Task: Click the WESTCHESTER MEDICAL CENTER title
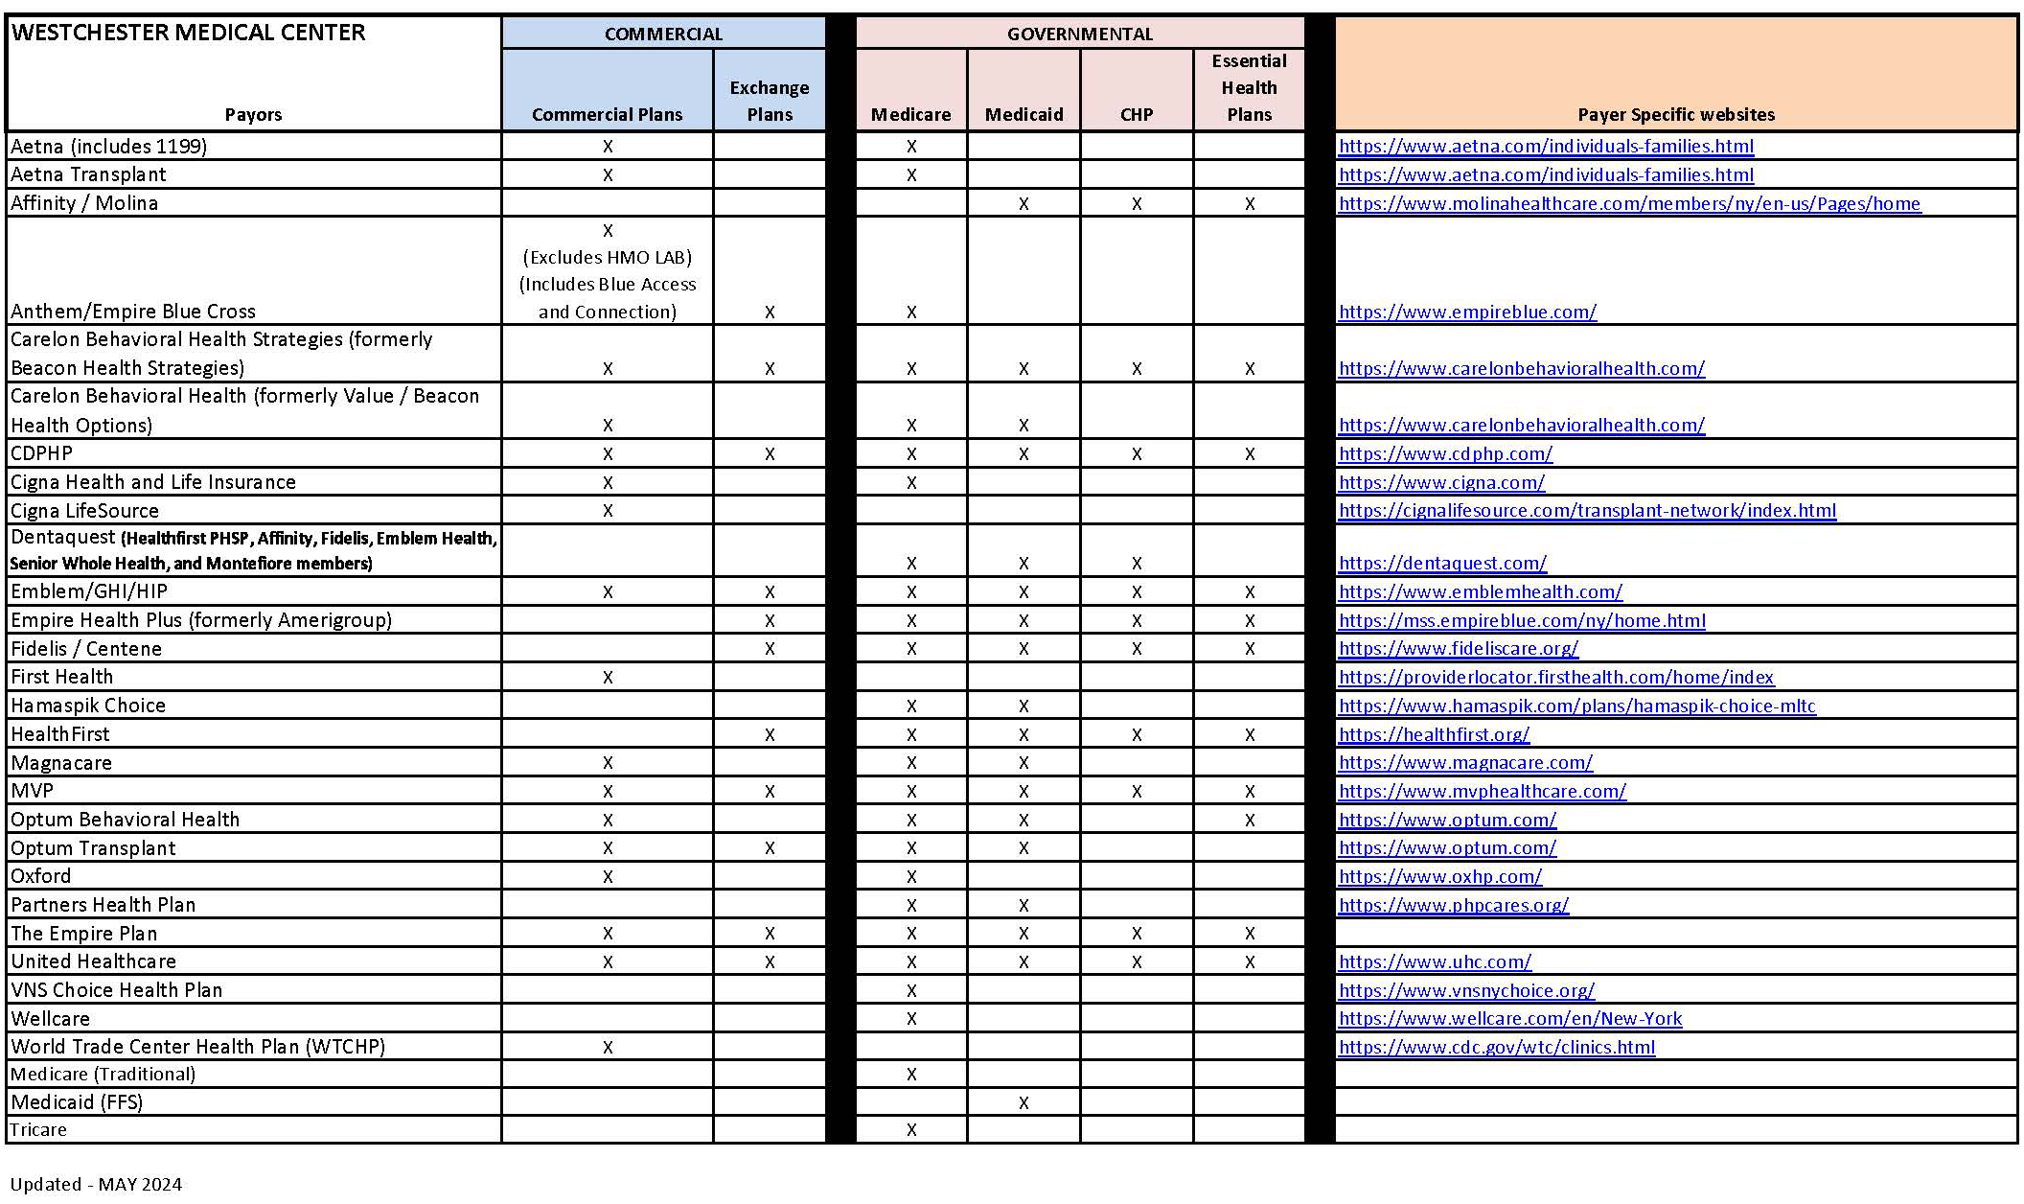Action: pos(188,33)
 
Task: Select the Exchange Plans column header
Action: pos(769,101)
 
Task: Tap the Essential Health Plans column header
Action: pos(1249,88)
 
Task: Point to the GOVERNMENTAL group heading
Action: pos(1079,35)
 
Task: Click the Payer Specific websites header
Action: pos(1675,115)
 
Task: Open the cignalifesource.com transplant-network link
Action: pos(1587,511)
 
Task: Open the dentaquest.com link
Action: pos(1442,564)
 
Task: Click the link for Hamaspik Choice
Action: pos(1576,706)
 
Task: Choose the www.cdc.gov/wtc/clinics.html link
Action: pos(1496,1048)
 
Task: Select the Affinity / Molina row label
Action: pos(84,203)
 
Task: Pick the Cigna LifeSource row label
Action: pos(84,511)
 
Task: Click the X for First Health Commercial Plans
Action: pos(608,678)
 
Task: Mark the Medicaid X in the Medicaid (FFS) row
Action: pos(1023,1103)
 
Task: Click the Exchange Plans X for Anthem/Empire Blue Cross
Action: pos(770,313)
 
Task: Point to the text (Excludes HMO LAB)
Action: pos(608,258)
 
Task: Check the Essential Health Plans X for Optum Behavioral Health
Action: pos(1250,821)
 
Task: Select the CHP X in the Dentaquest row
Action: pos(1137,564)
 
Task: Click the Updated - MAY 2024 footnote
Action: pos(96,1185)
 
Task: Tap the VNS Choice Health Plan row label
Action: pos(116,990)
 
